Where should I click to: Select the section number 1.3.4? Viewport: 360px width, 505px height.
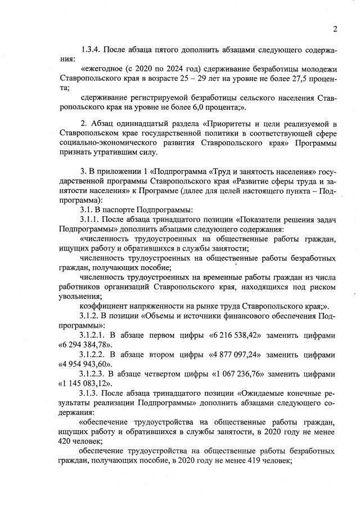92,51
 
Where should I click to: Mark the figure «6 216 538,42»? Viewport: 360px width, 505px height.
245,334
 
